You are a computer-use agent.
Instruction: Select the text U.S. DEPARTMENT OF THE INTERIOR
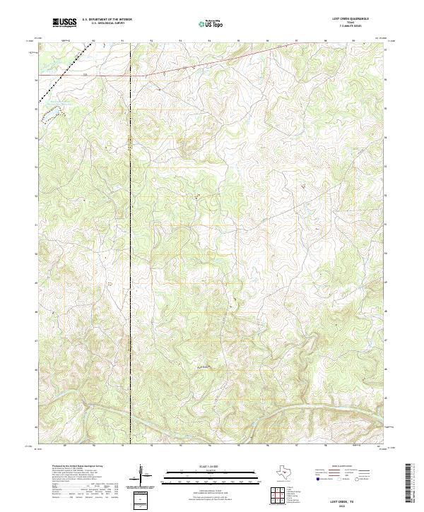pos(106,20)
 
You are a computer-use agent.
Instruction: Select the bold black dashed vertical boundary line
pos(130,247)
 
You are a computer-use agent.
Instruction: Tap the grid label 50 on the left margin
pos(36,254)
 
